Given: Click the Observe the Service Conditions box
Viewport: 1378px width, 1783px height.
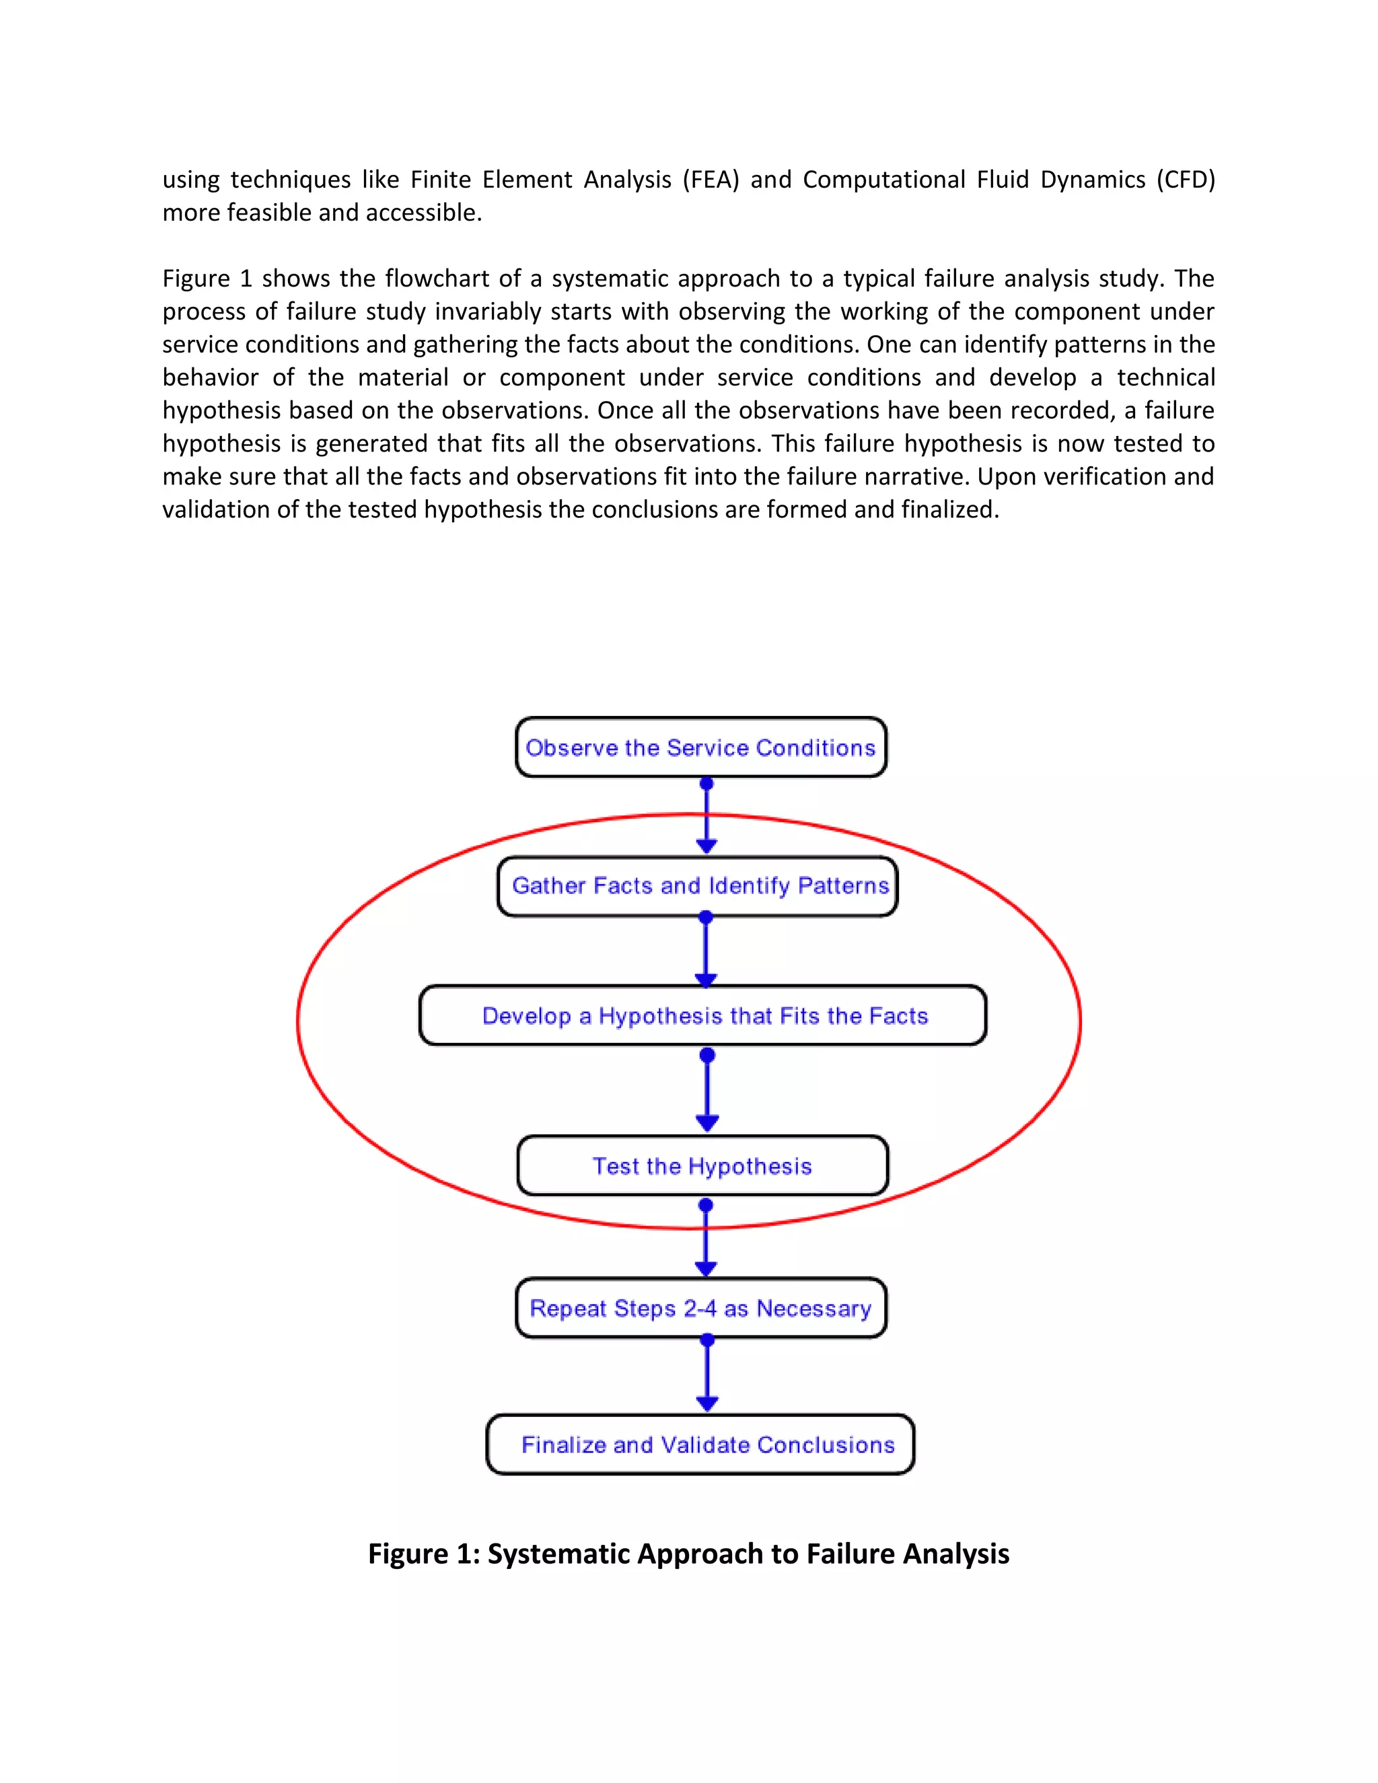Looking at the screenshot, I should tap(700, 747).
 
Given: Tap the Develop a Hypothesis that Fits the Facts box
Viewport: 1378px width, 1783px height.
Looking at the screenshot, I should tap(702, 1015).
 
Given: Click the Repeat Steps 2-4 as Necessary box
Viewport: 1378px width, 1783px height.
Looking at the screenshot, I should tap(700, 1308).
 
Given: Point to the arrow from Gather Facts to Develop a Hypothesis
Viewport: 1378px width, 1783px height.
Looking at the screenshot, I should tap(706, 951).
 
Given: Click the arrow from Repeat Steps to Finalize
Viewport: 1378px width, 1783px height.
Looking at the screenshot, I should tap(707, 1375).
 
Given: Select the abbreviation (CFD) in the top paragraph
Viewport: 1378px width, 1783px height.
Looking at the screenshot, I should tap(1186, 180).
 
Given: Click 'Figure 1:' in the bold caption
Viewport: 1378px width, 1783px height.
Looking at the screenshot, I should tap(423, 1554).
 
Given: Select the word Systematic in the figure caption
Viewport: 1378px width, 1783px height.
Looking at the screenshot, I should tap(558, 1554).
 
